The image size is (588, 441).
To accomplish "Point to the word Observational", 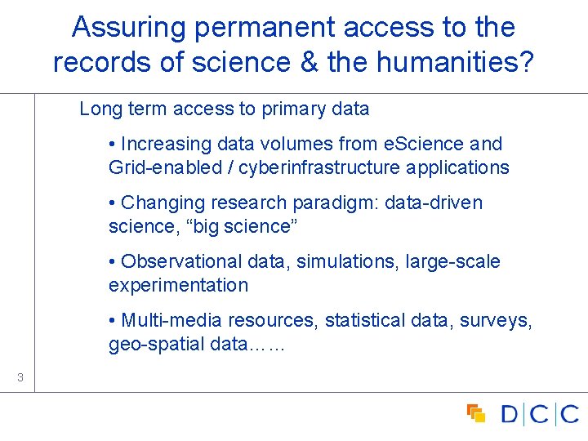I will pos(181,262).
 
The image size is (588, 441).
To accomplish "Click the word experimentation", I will pos(178,286).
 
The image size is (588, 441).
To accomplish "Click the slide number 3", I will pos(20,377).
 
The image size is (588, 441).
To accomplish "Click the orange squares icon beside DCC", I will pos(475,413).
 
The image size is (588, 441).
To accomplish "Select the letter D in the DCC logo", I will pos(510,414).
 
